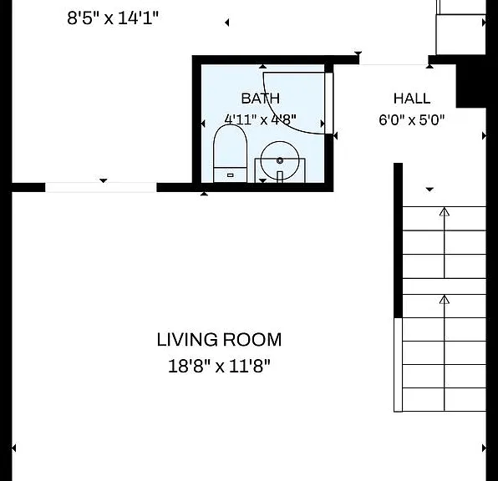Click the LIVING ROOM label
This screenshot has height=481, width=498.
(x=219, y=340)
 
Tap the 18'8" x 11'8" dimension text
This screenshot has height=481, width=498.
(x=219, y=366)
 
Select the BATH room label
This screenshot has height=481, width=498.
(x=261, y=99)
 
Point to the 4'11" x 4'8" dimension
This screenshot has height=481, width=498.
(x=261, y=119)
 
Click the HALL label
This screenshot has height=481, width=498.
(x=412, y=99)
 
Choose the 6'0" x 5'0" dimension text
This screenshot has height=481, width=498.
(x=412, y=120)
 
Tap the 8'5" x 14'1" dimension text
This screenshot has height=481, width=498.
(x=113, y=18)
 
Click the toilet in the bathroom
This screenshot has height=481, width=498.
(x=231, y=154)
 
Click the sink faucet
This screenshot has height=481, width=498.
(x=280, y=177)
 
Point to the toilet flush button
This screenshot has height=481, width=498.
(x=231, y=175)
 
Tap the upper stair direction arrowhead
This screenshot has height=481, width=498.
(x=445, y=212)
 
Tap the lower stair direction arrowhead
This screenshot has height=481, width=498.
(x=445, y=300)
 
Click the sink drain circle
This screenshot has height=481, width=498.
(x=280, y=160)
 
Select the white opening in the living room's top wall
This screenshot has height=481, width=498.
(x=100, y=187)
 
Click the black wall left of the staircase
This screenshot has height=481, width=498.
(x=399, y=240)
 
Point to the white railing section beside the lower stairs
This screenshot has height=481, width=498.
(x=398, y=365)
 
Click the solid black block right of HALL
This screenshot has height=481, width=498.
(x=471, y=86)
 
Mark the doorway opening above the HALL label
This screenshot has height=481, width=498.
(x=394, y=60)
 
